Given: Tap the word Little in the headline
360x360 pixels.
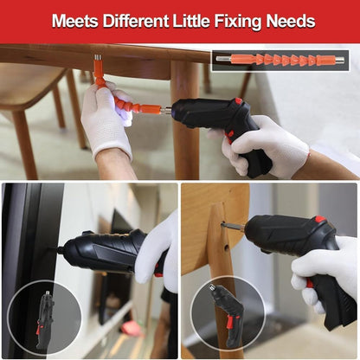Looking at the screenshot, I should pos(207,21).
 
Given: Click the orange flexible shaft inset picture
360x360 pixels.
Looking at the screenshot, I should pos(281,60).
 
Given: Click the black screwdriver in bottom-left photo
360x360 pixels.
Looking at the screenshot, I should pos(104,254).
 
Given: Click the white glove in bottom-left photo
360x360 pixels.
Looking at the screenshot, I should pos(157,251).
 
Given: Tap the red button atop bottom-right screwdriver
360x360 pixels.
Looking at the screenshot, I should pos(319,219).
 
